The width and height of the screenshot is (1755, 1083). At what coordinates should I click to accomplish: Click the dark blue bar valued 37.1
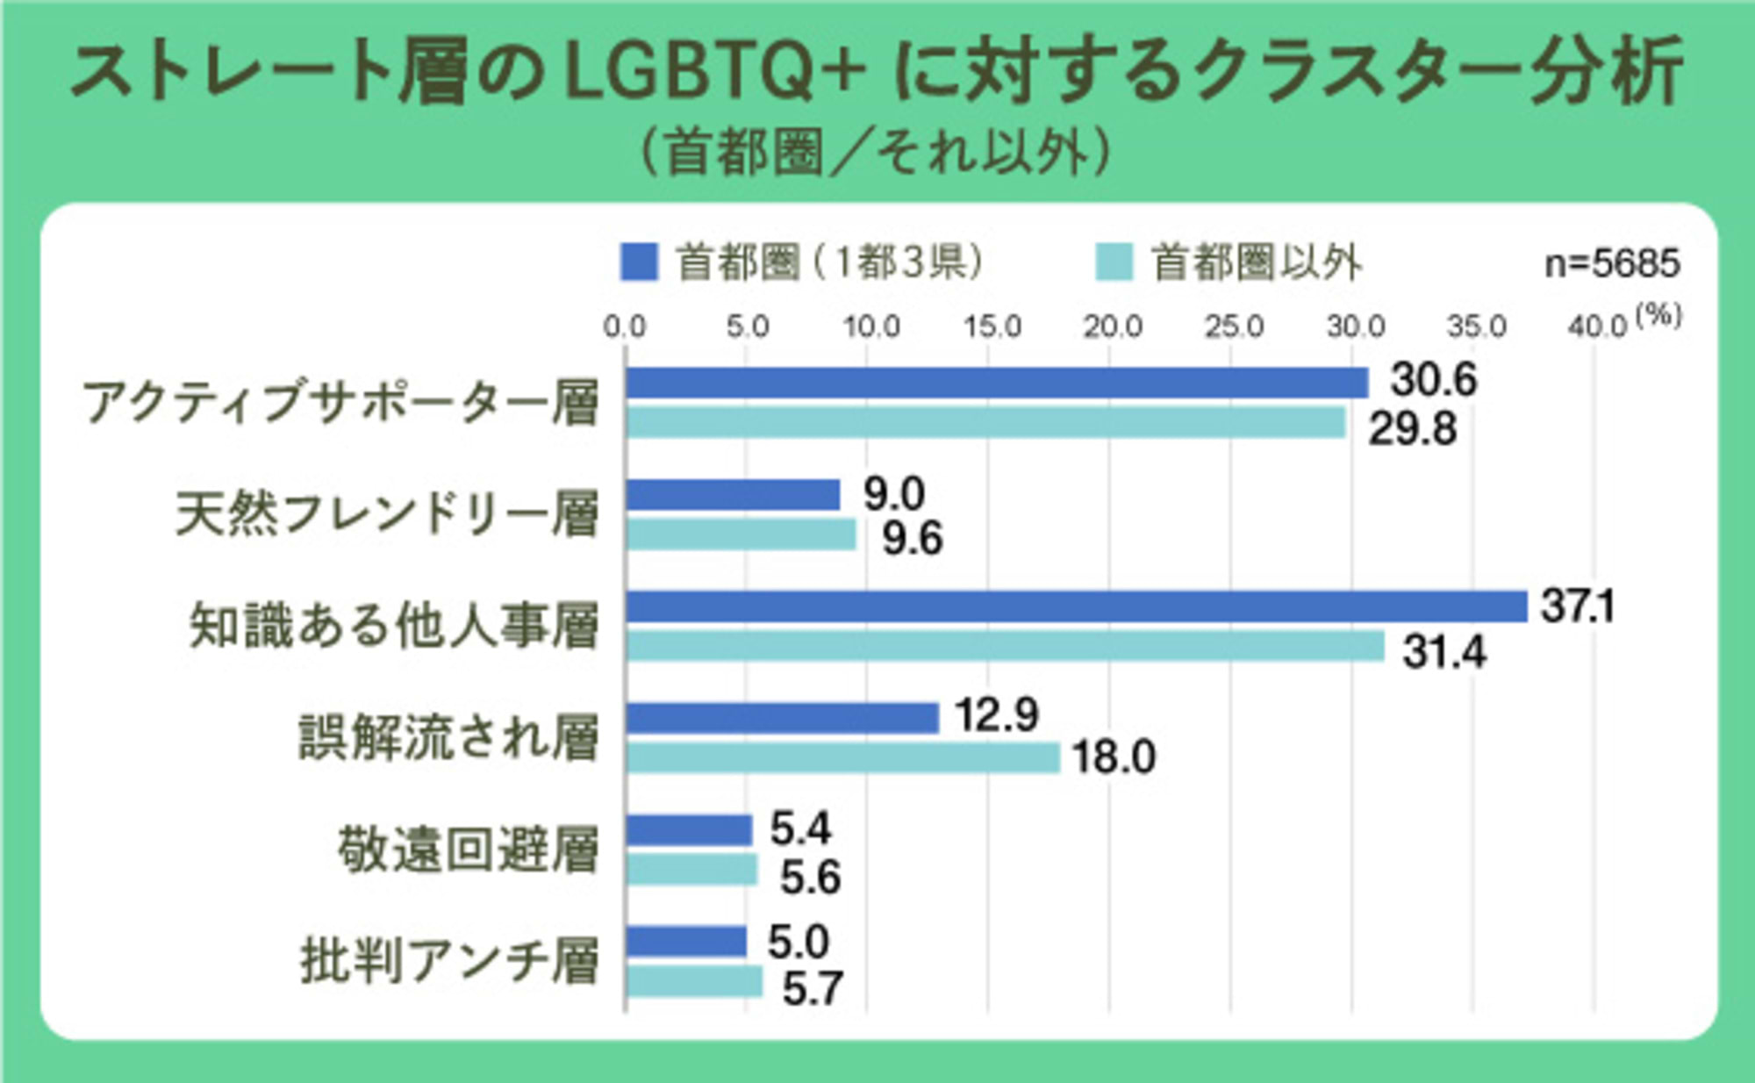click(x=1076, y=607)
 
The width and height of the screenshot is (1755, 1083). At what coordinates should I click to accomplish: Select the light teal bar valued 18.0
click(x=843, y=758)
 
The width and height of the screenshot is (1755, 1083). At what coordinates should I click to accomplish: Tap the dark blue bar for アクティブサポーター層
click(x=997, y=384)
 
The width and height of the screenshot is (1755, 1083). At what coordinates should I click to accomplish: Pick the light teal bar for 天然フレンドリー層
click(x=741, y=534)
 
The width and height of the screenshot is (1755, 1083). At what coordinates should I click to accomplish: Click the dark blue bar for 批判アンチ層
click(x=686, y=942)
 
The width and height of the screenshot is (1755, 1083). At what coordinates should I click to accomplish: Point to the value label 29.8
click(x=1412, y=429)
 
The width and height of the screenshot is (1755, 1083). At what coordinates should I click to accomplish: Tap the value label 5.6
click(x=810, y=878)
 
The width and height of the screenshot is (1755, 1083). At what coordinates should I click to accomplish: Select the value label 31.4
click(x=1443, y=652)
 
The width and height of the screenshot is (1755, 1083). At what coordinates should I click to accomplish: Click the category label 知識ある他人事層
click(x=394, y=626)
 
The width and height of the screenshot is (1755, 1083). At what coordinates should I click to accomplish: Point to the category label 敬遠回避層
click(x=468, y=850)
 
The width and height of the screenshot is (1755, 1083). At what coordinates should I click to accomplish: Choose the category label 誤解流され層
click(x=448, y=737)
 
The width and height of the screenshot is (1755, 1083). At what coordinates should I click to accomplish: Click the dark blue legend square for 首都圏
click(x=638, y=262)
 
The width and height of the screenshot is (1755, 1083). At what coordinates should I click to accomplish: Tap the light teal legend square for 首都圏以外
click(x=1114, y=262)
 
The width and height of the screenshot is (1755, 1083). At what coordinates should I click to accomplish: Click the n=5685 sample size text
click(x=1612, y=263)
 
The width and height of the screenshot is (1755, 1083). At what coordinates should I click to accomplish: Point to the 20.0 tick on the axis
click(x=1112, y=326)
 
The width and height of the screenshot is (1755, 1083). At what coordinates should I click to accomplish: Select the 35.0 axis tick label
click(x=1476, y=326)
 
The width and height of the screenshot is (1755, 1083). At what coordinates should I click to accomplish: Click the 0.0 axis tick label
click(x=624, y=326)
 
